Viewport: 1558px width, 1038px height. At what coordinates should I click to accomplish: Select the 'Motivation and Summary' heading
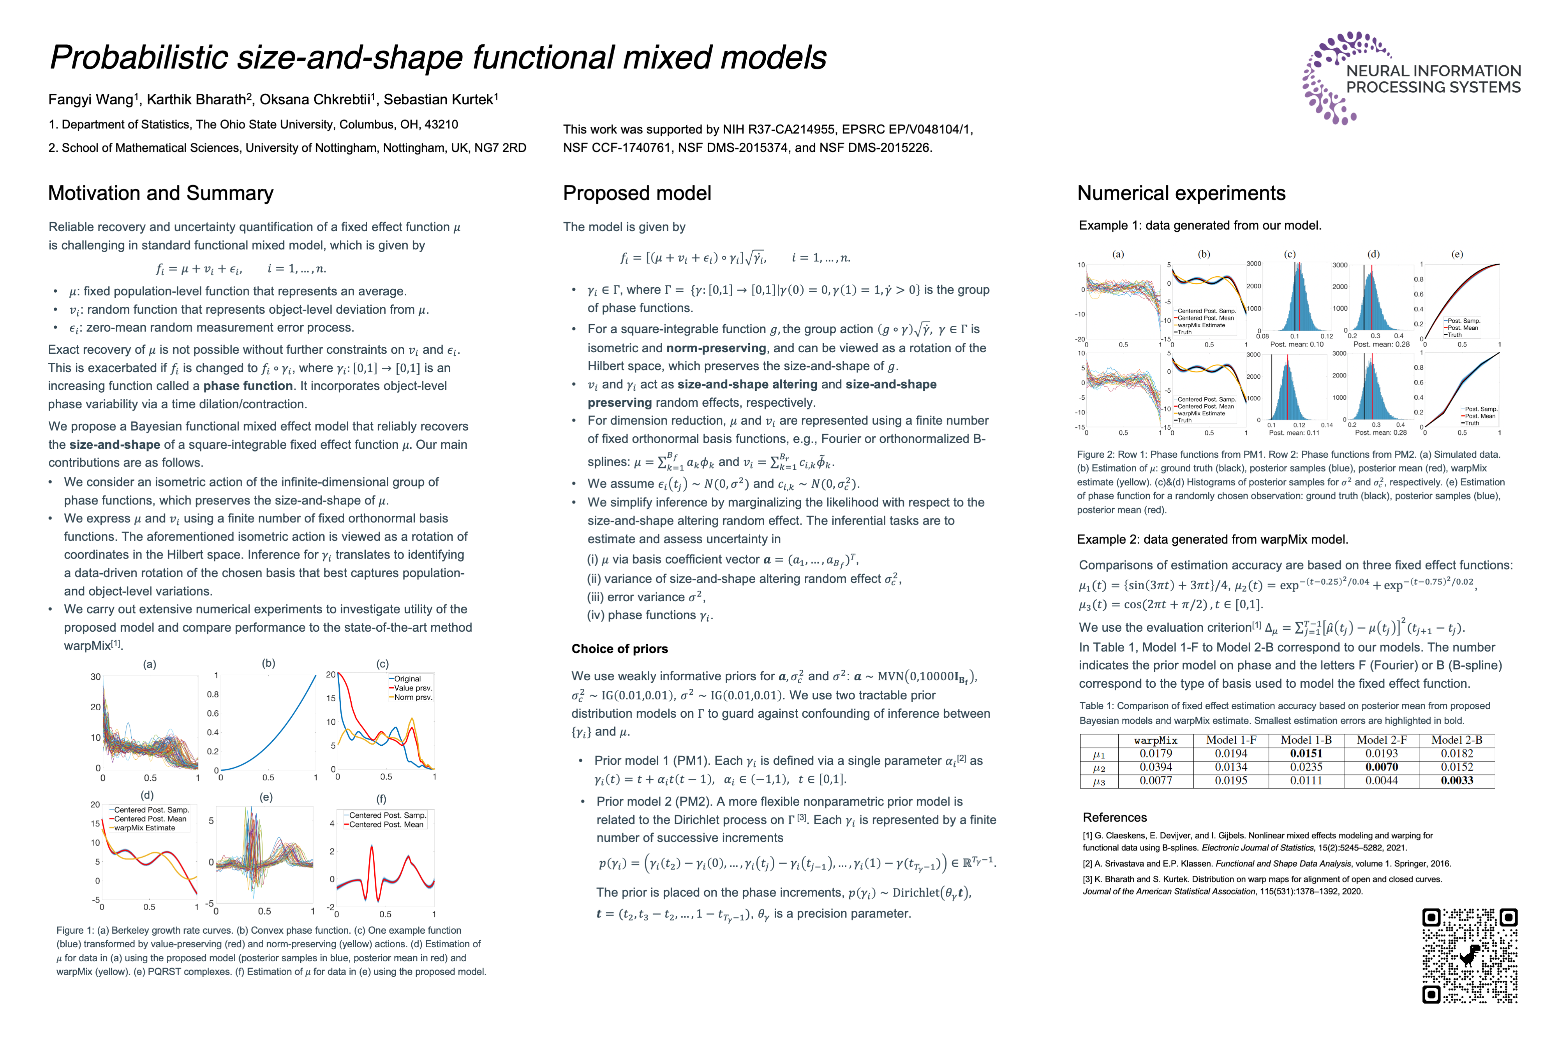[x=161, y=193]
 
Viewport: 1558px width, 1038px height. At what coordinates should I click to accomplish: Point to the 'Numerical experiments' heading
[x=1181, y=193]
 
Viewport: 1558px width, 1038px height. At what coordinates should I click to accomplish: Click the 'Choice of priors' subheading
[x=619, y=649]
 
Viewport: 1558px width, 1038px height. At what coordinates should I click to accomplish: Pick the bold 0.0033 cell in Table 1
[x=1457, y=780]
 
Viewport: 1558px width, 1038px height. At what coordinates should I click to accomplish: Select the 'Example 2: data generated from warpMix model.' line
[x=1212, y=539]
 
